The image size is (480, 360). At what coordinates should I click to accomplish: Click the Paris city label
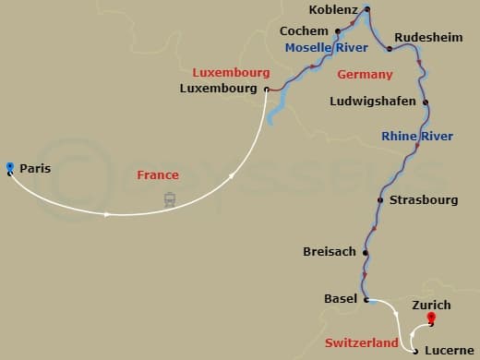click(34, 168)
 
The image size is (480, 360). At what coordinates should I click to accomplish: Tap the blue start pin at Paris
click(9, 167)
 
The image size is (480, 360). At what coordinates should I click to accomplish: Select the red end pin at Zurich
click(430, 319)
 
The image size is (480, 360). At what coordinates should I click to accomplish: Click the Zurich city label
click(432, 305)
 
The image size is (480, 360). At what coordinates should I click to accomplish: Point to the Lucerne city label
click(449, 352)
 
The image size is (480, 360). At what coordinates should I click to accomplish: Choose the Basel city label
click(341, 299)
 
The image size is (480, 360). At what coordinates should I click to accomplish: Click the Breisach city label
click(330, 252)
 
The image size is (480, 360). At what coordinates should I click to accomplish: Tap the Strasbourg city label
click(424, 199)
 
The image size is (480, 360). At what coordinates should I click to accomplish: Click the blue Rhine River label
click(417, 137)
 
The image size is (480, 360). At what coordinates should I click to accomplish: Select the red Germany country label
click(366, 74)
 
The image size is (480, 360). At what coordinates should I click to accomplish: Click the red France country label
click(157, 174)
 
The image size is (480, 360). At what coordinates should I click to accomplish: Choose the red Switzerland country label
click(362, 342)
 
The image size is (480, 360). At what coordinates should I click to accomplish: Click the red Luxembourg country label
click(231, 72)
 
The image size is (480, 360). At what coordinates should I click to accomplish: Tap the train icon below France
click(170, 198)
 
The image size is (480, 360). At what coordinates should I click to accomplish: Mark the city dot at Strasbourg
click(380, 199)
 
